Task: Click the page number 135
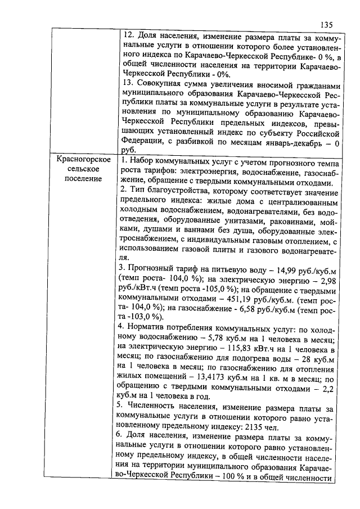coord(326,24)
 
